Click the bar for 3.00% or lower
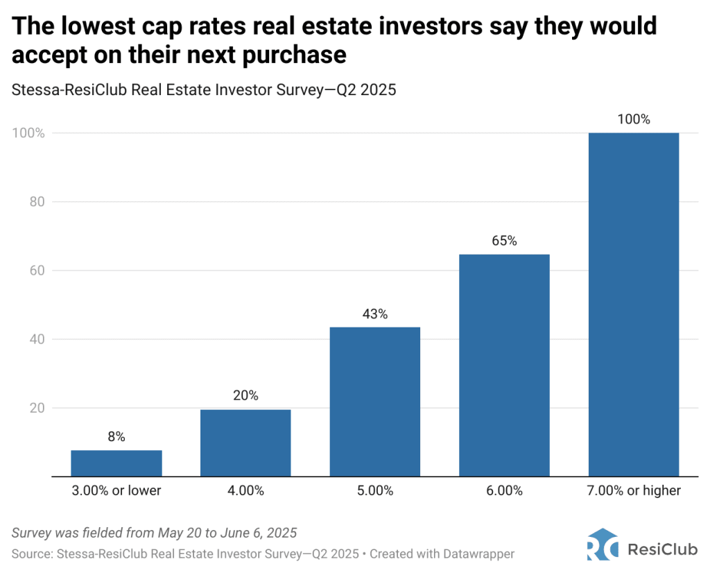click(116, 463)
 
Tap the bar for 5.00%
click(375, 402)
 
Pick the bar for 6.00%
click(504, 366)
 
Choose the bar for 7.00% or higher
click(633, 305)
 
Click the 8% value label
click(116, 437)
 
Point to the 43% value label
click(375, 314)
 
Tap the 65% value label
click(504, 241)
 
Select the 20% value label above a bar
click(245, 396)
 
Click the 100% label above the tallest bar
click(633, 119)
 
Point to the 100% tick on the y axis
click(28, 132)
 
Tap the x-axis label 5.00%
click(375, 491)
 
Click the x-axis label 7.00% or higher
click(633, 491)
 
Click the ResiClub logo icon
click(602, 544)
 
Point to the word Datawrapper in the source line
click(478, 554)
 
